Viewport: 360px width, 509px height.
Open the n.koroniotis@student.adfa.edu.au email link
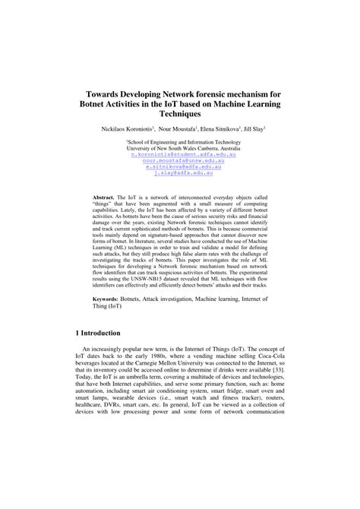click(x=179, y=154)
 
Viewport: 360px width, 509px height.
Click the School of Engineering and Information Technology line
click(x=180, y=141)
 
